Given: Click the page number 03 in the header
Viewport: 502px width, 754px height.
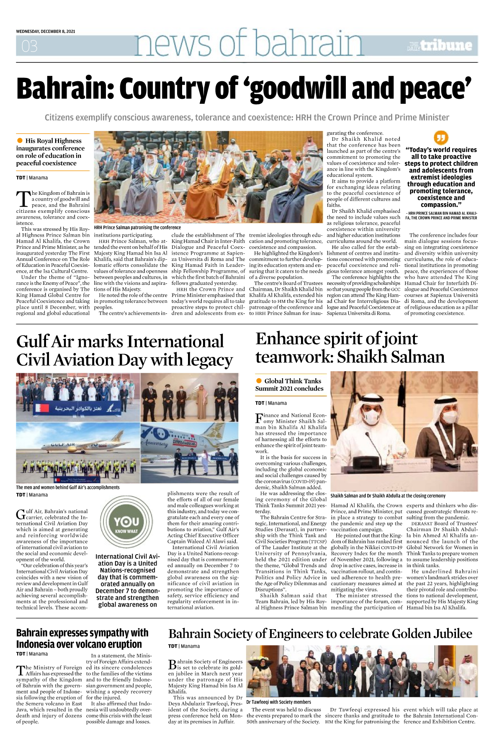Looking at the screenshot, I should [x=29, y=46].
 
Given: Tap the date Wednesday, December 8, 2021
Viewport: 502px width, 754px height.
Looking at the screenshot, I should [x=46, y=31].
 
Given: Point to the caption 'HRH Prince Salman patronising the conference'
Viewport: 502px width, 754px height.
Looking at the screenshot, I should [x=137, y=227].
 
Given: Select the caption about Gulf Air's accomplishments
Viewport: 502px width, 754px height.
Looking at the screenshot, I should [x=68, y=487].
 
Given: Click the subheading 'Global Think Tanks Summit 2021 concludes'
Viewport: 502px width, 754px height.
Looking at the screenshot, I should [x=290, y=385].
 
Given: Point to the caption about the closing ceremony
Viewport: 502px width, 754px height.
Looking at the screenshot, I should [x=388, y=496].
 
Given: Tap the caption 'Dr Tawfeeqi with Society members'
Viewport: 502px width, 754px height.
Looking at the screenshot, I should [x=278, y=702].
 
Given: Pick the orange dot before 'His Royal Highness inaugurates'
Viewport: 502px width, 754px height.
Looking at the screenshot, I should [x=20, y=140].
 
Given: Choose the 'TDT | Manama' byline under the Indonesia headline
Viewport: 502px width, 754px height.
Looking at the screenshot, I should [x=32, y=654].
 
